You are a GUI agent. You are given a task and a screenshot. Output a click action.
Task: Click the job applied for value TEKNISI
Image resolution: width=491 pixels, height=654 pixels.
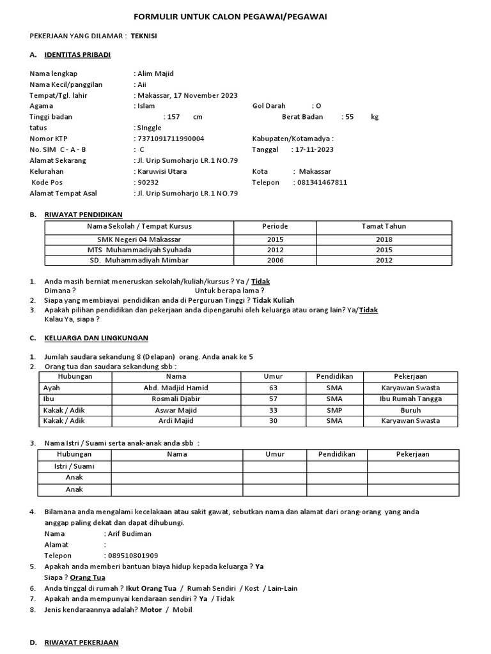click(144, 36)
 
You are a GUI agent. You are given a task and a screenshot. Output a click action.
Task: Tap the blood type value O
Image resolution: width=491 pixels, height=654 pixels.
click(318, 106)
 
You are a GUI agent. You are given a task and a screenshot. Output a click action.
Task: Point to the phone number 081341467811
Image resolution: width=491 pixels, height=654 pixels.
click(322, 182)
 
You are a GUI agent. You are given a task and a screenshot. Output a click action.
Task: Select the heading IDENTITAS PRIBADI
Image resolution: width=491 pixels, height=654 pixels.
click(77, 55)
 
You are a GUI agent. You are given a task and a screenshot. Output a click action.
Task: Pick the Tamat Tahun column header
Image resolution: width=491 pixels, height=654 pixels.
click(384, 226)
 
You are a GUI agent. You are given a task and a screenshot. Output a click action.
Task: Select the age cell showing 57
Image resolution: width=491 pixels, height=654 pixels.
click(273, 399)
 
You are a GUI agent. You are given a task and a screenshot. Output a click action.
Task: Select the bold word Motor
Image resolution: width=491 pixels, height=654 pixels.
click(150, 609)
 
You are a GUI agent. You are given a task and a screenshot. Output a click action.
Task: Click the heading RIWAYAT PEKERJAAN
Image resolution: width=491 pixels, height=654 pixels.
click(81, 642)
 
